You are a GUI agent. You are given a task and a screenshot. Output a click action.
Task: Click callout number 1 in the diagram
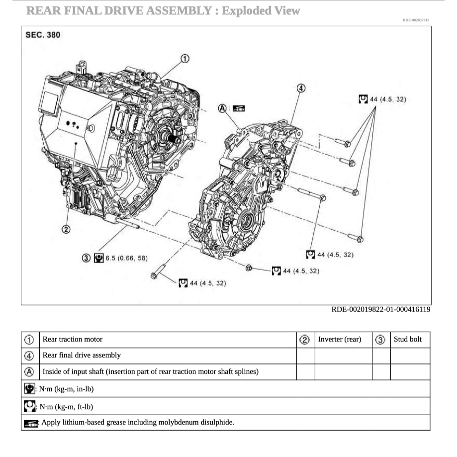click(184, 59)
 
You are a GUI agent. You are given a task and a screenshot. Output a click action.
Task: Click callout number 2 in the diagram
click(66, 229)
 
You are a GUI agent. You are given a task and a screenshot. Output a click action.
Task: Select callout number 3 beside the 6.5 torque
click(86, 258)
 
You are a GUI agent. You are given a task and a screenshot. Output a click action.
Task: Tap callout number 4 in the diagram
click(300, 88)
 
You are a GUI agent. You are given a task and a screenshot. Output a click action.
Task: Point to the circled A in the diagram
click(223, 108)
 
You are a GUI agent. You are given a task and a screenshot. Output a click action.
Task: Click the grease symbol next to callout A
click(239, 108)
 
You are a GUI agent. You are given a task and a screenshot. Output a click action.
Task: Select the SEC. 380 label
click(43, 35)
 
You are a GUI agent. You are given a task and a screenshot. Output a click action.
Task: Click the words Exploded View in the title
click(261, 10)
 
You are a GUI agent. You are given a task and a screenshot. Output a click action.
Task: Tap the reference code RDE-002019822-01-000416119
click(381, 310)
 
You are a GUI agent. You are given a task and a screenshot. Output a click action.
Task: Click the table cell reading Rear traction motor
click(73, 340)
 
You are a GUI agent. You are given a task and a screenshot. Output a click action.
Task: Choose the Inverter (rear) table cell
click(340, 340)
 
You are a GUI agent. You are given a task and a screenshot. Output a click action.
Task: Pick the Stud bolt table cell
click(407, 340)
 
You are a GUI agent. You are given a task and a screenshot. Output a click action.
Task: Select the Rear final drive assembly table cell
click(82, 356)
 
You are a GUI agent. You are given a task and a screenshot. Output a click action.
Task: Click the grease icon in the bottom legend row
click(31, 423)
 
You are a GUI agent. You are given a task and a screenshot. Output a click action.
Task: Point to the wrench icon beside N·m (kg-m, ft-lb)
click(30, 406)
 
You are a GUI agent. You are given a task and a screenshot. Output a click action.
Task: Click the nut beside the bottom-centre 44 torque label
click(249, 268)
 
